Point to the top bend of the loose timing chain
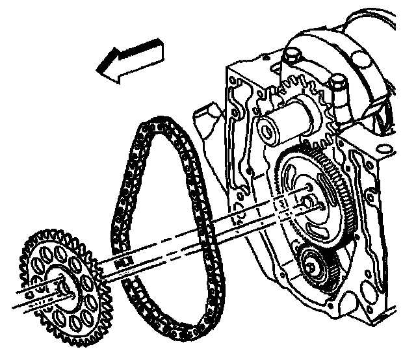156,123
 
